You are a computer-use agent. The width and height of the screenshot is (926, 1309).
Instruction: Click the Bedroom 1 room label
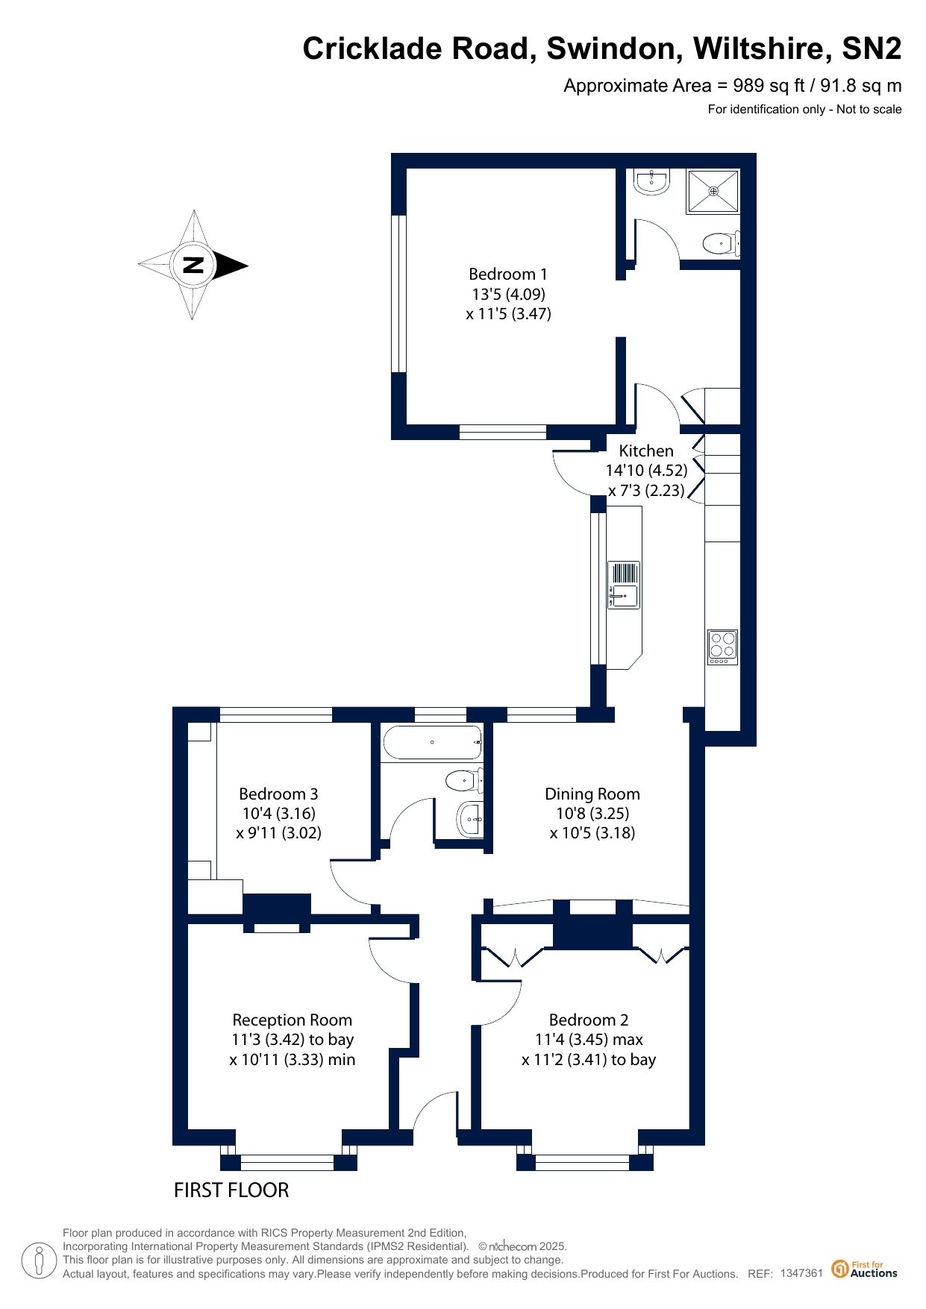point(507,274)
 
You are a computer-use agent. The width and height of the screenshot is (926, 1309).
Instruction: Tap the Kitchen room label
point(646,451)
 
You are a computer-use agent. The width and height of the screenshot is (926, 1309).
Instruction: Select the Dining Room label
point(592,794)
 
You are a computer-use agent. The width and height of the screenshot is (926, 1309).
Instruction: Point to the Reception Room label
point(292,1020)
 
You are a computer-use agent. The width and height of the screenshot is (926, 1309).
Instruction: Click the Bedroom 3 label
point(278,794)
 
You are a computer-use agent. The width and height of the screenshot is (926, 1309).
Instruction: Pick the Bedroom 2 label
point(589,1020)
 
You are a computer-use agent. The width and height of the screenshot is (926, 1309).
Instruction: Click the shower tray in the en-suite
point(713,192)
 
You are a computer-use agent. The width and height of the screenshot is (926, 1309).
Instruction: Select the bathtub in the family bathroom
point(432,742)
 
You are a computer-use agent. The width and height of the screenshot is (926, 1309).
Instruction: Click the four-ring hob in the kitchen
point(722,647)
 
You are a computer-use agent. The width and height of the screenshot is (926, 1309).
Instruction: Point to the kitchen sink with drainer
point(624,585)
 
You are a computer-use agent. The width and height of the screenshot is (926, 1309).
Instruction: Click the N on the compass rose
point(193,265)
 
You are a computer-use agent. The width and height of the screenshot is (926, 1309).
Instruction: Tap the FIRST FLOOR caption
point(231,1190)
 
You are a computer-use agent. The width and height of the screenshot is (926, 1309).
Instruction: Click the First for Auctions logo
point(864,1269)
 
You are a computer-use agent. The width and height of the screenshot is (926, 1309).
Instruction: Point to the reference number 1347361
point(801,1273)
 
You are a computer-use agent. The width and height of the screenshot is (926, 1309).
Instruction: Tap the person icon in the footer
point(40,1261)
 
